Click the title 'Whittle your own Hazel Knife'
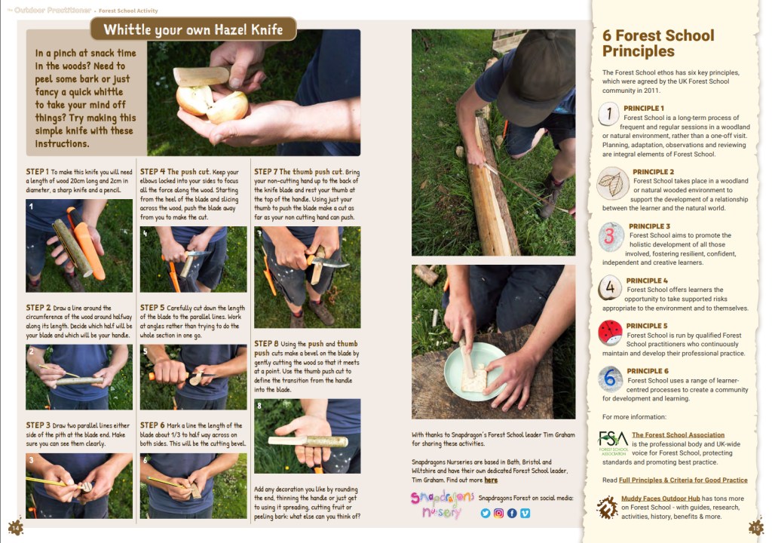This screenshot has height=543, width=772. (x=193, y=29)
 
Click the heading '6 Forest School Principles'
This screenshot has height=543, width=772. (x=657, y=43)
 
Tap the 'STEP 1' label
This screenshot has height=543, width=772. (x=38, y=171)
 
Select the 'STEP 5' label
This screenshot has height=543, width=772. (x=152, y=308)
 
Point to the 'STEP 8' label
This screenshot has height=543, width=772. (x=266, y=343)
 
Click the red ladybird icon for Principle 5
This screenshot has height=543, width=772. (x=610, y=333)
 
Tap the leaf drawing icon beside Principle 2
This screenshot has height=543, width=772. (x=613, y=183)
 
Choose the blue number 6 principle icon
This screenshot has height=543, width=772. (x=610, y=379)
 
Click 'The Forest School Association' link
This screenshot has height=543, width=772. (x=678, y=434)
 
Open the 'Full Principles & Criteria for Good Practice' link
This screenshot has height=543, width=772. (x=683, y=480)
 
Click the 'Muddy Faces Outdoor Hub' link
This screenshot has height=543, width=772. (x=660, y=499)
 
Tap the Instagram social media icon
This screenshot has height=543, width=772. (x=499, y=514)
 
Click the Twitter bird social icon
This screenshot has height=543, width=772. (x=486, y=514)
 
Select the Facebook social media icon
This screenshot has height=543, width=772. (x=512, y=514)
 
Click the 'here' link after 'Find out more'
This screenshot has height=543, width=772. (x=491, y=480)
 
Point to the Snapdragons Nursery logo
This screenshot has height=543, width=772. (x=442, y=504)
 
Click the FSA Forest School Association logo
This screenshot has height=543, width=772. (x=613, y=443)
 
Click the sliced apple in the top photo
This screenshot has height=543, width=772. (x=212, y=103)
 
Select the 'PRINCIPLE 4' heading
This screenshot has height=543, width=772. (x=647, y=281)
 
